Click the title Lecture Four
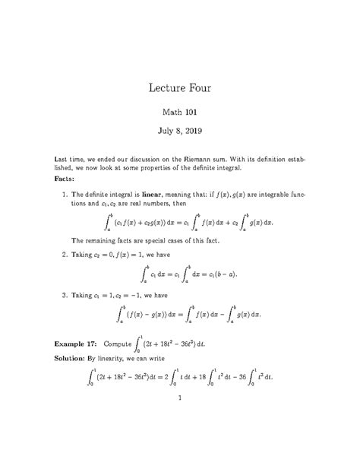tap(179, 89)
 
